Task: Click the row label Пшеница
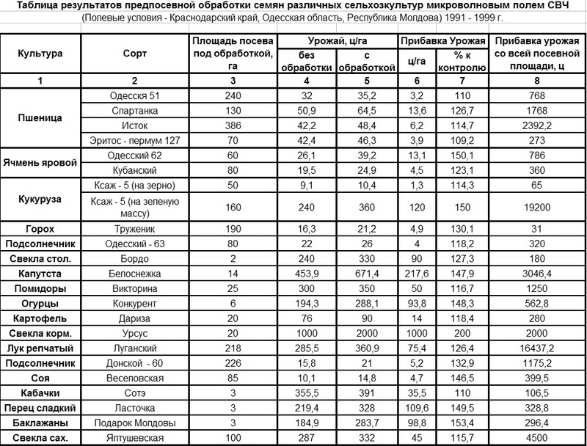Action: pyautogui.click(x=43, y=117)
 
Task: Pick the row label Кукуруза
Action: pyautogui.click(x=43, y=199)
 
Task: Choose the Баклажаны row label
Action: pyautogui.click(x=43, y=423)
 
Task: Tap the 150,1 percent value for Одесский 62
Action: pyautogui.click(x=462, y=155)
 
